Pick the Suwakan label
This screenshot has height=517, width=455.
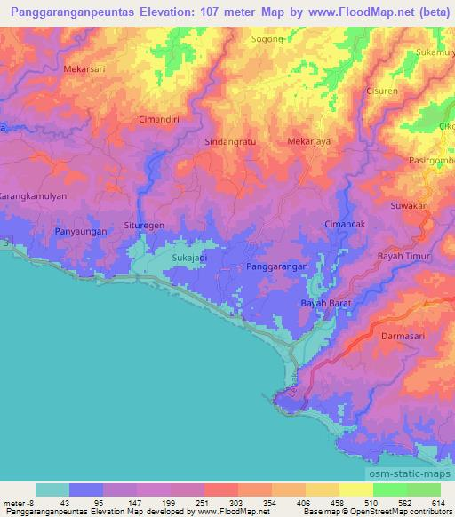[x=410, y=206]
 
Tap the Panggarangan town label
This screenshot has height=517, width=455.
[x=276, y=266]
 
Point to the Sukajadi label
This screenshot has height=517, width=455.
[x=189, y=259]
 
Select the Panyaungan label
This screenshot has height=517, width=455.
[x=81, y=232]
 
